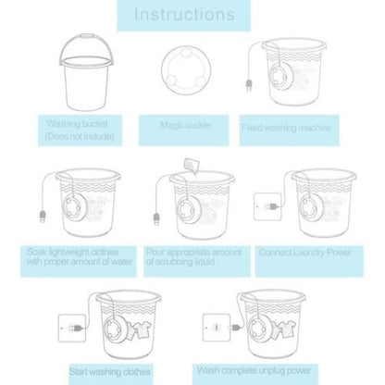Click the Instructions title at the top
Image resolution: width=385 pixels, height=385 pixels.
click(192, 15)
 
